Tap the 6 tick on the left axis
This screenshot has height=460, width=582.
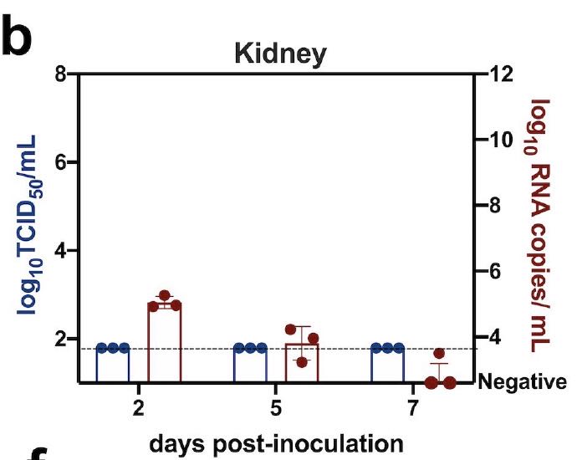(59, 162)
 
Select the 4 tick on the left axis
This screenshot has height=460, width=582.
(59, 250)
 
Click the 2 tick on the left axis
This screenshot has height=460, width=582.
(59, 339)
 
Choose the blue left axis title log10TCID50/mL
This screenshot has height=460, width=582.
(29, 227)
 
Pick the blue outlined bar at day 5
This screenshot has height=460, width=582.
(250, 365)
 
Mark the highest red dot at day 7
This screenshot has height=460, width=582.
(439, 354)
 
